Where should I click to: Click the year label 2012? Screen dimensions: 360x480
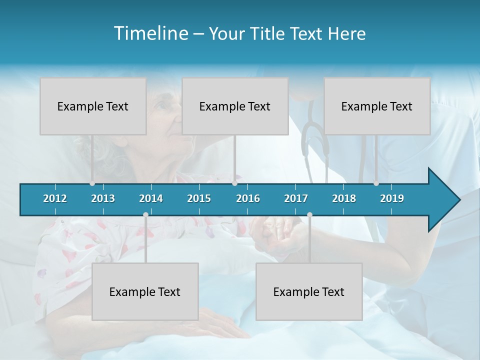(55, 198)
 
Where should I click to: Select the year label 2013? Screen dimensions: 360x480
(103, 198)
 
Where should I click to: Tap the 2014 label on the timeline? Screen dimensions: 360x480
(151, 198)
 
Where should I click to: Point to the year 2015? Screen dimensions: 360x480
(199, 198)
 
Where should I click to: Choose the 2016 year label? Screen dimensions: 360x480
(248, 198)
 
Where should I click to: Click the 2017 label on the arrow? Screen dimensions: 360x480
(296, 198)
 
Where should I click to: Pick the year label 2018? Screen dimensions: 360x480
(344, 198)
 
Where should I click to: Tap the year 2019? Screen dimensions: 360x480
(392, 198)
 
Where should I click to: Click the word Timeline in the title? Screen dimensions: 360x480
(150, 33)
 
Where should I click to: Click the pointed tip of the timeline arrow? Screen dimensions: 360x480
(459, 200)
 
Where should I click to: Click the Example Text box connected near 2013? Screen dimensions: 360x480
(93, 106)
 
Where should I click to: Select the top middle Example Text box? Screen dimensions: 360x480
(235, 106)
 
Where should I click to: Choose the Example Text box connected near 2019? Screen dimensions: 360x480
(377, 106)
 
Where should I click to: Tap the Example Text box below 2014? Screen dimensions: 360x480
(145, 291)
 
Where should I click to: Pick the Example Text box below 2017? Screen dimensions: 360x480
(309, 291)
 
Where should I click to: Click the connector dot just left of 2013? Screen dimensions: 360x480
(92, 183)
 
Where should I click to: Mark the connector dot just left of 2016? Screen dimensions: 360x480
(234, 183)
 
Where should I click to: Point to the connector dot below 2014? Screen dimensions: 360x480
(145, 214)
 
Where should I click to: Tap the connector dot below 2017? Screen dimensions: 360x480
(309, 214)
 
